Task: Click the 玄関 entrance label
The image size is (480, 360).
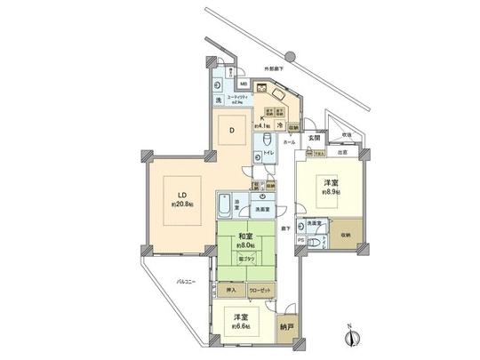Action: click(x=313, y=136)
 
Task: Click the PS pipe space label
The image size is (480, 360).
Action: click(x=300, y=239)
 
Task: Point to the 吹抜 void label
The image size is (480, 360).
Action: click(x=346, y=134)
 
